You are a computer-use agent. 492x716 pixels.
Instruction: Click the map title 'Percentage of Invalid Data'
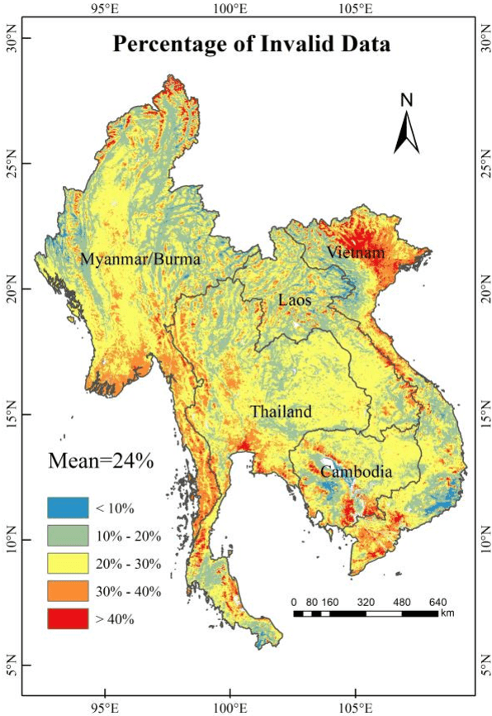point(252,44)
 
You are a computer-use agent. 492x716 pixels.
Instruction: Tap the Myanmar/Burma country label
point(140,260)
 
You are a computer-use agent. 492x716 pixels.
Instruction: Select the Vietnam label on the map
point(355,251)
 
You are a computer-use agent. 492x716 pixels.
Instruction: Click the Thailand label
point(281,411)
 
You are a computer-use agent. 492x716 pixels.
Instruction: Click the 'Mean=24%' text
point(101,461)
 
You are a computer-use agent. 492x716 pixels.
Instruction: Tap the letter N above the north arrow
point(406,100)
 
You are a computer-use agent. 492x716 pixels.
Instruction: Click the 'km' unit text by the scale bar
point(447,613)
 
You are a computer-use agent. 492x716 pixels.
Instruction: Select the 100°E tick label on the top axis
point(229,9)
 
